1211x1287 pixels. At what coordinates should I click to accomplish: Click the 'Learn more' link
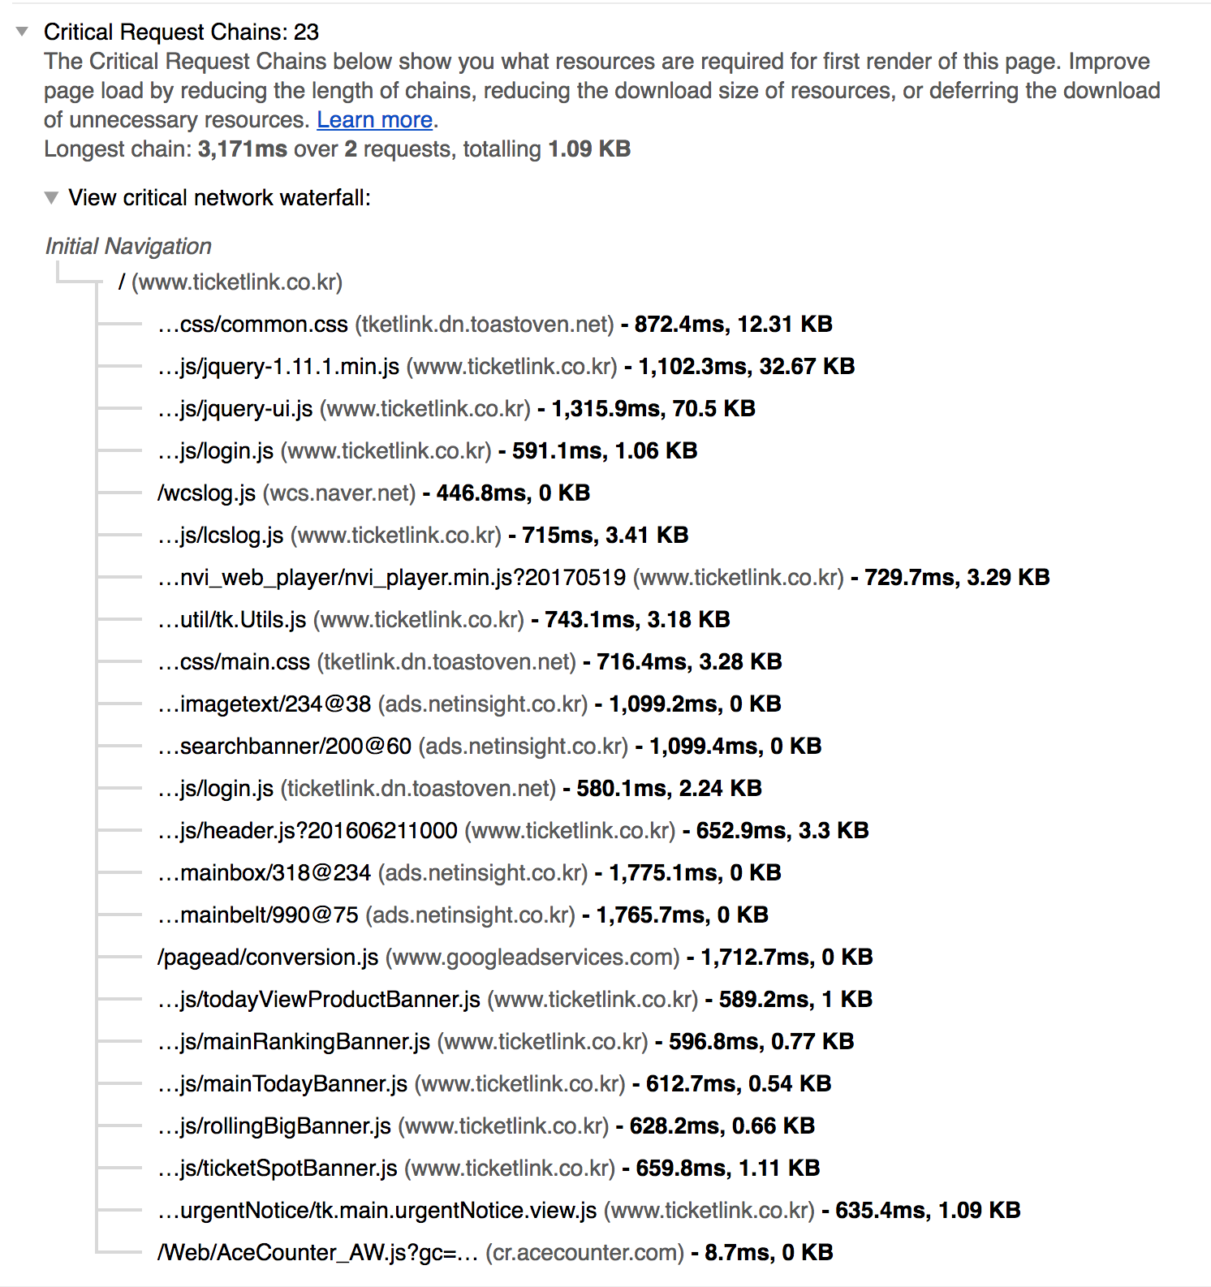pos(374,120)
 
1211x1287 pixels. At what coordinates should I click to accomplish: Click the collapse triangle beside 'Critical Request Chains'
pos(23,32)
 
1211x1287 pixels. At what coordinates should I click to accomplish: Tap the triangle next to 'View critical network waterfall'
pos(52,198)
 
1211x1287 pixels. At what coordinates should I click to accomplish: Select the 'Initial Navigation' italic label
pos(128,247)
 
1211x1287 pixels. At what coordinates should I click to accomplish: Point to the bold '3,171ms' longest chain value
pos(242,149)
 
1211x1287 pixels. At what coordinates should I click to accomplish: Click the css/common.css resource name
pos(252,325)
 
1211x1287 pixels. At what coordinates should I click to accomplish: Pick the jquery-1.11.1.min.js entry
pos(278,367)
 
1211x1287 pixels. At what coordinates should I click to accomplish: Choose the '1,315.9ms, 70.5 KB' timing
pos(653,409)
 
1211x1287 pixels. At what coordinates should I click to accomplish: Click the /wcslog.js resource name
pos(206,493)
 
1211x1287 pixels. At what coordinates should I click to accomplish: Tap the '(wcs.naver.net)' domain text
pos(339,493)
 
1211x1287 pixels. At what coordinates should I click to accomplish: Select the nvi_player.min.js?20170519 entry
pos(392,578)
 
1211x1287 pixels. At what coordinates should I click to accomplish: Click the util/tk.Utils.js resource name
pos(232,620)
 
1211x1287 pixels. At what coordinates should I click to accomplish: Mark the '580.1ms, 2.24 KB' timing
pos(669,789)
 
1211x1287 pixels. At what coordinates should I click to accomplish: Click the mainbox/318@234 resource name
pos(265,873)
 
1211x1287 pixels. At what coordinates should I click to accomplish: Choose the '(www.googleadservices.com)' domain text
pos(532,958)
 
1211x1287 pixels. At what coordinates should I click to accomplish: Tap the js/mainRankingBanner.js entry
pos(294,1042)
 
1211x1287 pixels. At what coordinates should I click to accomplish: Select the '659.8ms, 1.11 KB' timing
pos(727,1169)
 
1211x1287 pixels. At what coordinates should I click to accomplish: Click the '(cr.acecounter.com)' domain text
pos(584,1253)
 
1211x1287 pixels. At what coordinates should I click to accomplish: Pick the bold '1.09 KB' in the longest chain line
pos(589,149)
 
